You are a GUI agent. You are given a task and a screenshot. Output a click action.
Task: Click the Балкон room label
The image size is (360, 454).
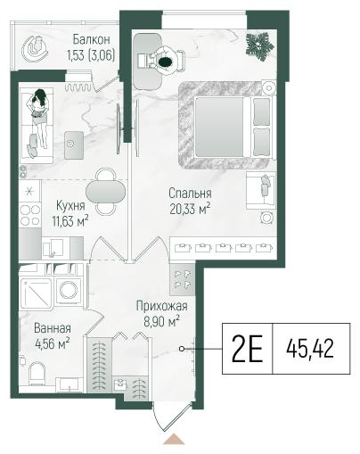92,39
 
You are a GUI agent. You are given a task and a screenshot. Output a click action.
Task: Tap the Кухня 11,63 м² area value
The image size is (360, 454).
70,221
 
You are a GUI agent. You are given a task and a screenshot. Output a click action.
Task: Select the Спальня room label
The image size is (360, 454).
190,194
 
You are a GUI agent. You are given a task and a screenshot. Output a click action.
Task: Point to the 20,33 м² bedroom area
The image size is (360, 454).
190,209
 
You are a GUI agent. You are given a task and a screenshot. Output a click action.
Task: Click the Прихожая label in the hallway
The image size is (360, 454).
162,306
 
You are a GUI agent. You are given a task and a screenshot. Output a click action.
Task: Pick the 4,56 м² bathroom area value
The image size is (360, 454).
53,344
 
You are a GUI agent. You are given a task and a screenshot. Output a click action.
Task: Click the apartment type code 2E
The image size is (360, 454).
247,348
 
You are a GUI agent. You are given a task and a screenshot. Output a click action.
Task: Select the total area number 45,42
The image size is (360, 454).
310,349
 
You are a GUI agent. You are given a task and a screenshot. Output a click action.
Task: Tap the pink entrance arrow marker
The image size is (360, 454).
174,439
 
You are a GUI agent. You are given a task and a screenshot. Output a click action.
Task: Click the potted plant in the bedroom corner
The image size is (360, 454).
259,46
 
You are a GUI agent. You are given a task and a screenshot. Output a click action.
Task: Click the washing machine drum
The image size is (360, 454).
69,290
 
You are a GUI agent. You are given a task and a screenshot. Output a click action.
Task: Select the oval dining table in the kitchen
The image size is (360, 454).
105,192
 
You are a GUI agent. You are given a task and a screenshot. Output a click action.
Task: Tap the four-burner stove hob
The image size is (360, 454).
30,215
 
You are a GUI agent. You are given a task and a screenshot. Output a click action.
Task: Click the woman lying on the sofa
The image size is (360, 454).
38,119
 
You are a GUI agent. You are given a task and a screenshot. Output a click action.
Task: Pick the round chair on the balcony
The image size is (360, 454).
35,49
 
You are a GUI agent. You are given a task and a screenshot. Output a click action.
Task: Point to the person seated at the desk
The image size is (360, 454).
165,62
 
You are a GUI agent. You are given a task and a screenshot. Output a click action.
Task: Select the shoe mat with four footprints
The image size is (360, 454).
183,279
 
